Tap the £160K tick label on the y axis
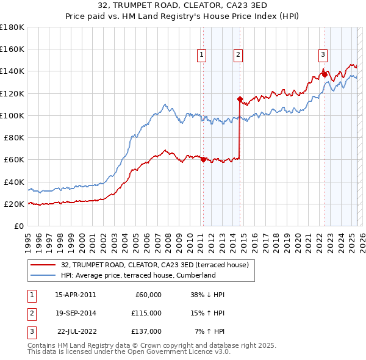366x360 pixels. pyautogui.click(x=12, y=49)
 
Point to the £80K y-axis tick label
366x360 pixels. pyautogui.click(x=14, y=138)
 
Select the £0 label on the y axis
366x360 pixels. pyautogui.click(x=20, y=226)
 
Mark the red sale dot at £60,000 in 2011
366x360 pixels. pyautogui.click(x=203, y=160)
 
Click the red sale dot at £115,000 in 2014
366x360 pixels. pyautogui.click(x=240, y=99)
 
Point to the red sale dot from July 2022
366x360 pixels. pyautogui.click(x=325, y=74)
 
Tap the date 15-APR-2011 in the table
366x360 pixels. pyautogui.click(x=75, y=295)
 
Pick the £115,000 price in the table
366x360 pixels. pyautogui.click(x=147, y=313)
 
